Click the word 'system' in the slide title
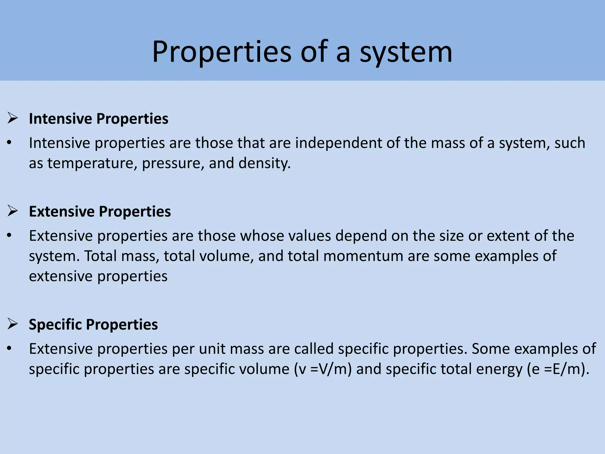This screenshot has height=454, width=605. click(x=406, y=53)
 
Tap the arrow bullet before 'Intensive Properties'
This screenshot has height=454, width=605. click(x=13, y=119)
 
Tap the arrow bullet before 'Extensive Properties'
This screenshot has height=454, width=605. click(x=13, y=211)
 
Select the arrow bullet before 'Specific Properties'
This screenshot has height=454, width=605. click(x=13, y=324)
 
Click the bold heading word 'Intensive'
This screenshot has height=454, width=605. click(x=60, y=119)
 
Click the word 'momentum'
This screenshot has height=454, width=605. click(x=363, y=256)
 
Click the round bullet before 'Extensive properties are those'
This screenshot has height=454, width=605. click(x=9, y=236)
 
